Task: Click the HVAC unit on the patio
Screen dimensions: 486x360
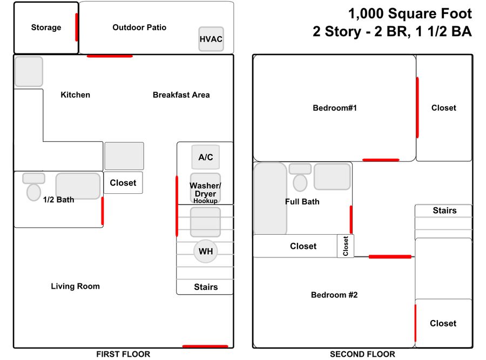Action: (211, 39)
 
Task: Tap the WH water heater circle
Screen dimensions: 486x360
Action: (206, 252)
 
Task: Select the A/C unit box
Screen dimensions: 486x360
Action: (206, 157)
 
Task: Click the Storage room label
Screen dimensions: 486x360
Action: (46, 28)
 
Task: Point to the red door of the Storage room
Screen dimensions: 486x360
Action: (77, 28)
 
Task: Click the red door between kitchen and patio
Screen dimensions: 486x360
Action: (110, 56)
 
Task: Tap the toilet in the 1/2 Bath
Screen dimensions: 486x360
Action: (34, 187)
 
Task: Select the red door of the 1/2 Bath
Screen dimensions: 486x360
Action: (102, 211)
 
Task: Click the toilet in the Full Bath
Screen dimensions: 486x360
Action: (300, 178)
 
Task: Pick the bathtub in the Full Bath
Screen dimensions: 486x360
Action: (271, 199)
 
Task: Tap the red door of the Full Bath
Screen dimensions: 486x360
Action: (351, 220)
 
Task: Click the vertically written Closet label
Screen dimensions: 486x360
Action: (346, 246)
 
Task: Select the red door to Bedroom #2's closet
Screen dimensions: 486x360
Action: (415, 323)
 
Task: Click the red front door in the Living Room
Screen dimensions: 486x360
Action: (205, 347)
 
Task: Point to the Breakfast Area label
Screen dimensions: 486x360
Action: (181, 95)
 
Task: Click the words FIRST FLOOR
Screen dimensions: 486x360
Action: (123, 354)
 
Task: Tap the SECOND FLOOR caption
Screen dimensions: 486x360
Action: (362, 354)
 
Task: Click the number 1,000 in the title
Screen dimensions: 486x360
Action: (366, 14)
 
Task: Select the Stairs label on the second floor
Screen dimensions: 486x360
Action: (444, 210)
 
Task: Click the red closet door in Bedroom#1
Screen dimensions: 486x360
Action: (417, 107)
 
